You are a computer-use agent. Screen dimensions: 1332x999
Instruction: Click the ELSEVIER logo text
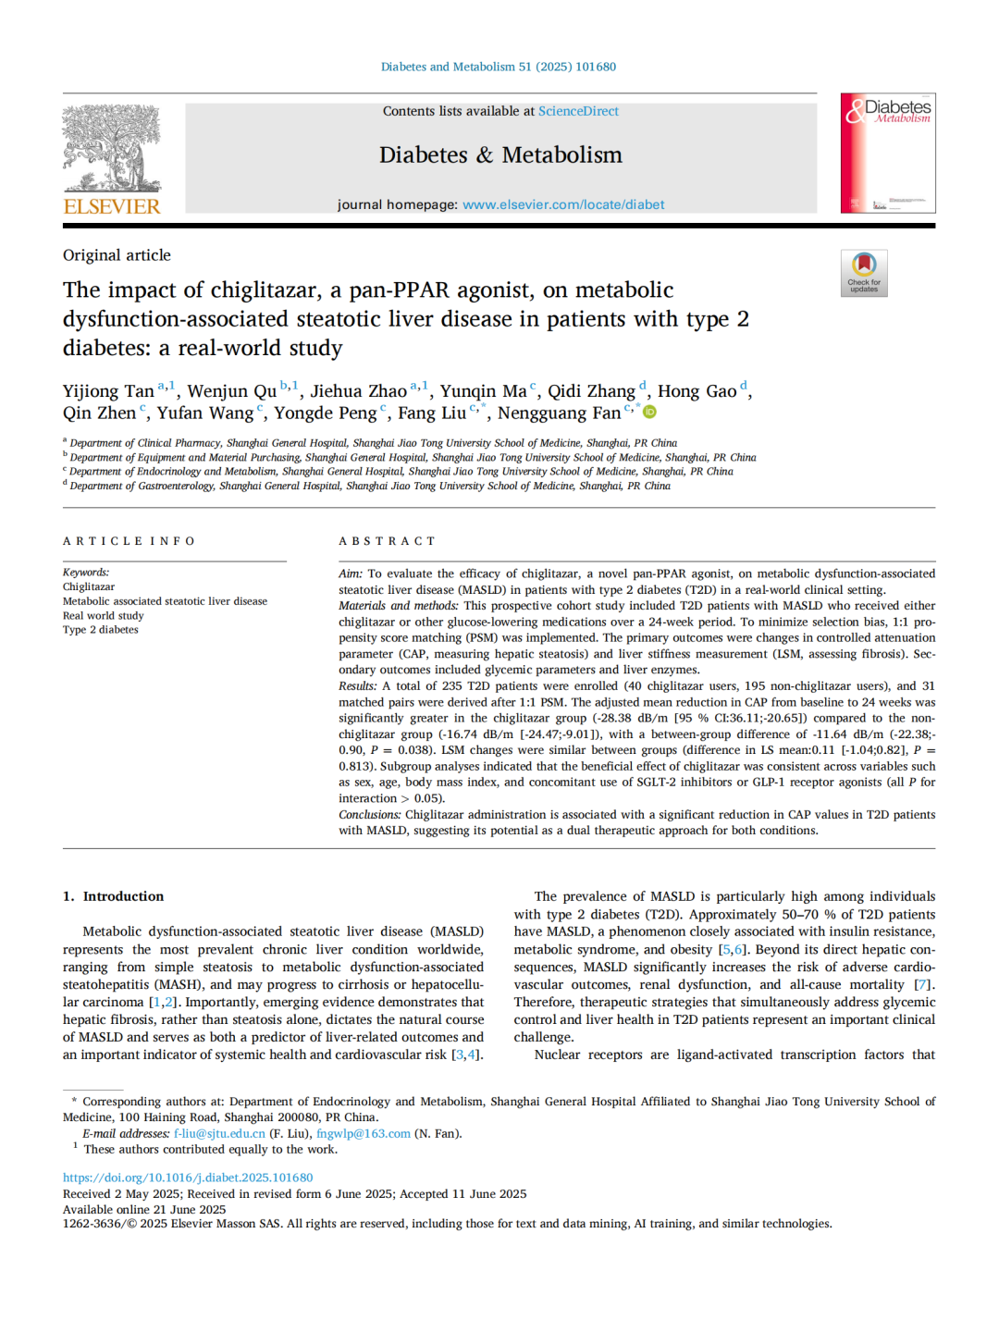coord(112,206)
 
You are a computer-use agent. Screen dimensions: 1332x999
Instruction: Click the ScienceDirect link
coord(578,111)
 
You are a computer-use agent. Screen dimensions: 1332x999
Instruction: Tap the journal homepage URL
coord(562,204)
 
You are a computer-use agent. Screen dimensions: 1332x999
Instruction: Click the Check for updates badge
coord(864,274)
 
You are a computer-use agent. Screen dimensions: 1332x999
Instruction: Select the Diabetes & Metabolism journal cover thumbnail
coord(887,154)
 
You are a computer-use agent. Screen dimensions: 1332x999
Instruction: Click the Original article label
coord(117,255)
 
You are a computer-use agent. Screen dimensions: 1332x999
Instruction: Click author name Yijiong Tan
coord(108,391)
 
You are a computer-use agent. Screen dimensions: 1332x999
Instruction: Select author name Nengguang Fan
coord(559,413)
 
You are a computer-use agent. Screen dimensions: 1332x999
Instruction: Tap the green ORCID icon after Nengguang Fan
coord(650,413)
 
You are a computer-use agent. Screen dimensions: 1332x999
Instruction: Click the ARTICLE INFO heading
coord(129,541)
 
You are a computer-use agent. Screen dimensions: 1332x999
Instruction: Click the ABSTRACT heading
coord(387,541)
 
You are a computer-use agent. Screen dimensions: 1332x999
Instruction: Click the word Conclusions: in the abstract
coord(370,815)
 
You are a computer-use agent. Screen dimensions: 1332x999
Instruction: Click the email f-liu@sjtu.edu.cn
coord(219,1134)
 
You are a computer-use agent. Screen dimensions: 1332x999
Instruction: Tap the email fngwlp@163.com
coord(363,1134)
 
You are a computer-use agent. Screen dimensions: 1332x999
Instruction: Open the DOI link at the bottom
coord(188,1178)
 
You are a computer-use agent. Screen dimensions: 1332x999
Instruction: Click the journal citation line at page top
coord(499,67)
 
